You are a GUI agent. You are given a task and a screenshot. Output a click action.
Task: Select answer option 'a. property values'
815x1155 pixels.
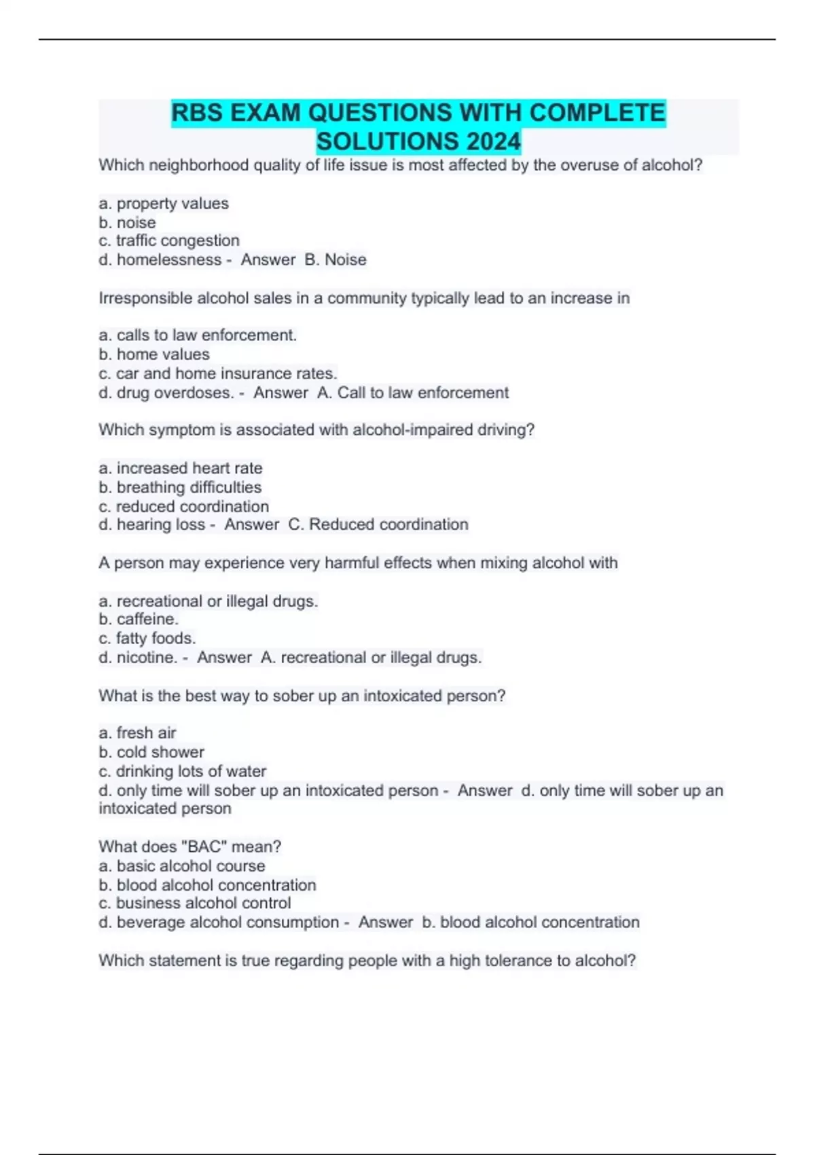tap(164, 204)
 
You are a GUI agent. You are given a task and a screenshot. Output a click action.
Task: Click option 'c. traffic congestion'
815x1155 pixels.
tap(169, 241)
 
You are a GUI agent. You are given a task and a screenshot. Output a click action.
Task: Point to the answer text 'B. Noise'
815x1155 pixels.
tap(336, 260)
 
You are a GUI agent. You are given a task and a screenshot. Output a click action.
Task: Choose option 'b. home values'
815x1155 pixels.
tap(154, 354)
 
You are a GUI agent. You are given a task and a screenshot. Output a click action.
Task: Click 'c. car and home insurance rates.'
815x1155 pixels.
tap(218, 373)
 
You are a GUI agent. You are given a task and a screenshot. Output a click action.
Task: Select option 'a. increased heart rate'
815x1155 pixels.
tap(181, 468)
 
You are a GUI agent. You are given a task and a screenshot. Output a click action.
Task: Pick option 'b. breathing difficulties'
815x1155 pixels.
tap(180, 487)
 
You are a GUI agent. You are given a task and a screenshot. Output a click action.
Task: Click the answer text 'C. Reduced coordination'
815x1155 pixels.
tap(378, 525)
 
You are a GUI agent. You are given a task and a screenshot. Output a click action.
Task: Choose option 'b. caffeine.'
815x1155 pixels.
tap(139, 619)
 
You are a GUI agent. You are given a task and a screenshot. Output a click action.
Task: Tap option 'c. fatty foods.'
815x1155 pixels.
tap(147, 638)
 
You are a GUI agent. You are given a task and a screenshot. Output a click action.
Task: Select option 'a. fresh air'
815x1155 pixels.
tap(137, 733)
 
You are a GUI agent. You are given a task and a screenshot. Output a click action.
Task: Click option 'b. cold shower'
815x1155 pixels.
tap(151, 752)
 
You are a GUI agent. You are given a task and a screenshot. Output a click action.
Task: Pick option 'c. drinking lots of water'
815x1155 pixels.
tap(183, 771)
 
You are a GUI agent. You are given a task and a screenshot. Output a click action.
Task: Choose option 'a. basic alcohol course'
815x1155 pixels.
tap(182, 866)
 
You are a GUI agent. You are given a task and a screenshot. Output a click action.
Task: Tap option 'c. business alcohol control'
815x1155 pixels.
tap(195, 903)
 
